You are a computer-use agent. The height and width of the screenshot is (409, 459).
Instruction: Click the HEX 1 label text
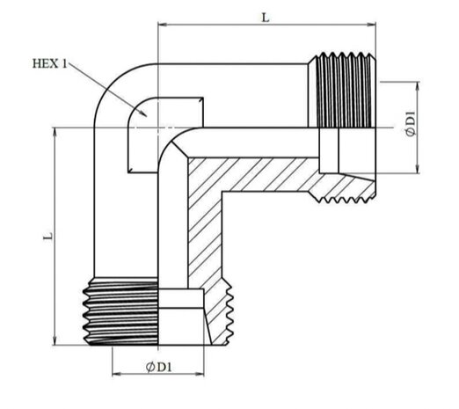(50, 63)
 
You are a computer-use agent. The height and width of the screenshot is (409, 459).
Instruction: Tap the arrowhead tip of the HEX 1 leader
(147, 117)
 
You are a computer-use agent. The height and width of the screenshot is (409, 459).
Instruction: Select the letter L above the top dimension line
(266, 18)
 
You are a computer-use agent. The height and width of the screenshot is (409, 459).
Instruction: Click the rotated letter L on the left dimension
(48, 237)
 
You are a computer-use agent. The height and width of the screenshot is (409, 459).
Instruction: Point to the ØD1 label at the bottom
(158, 367)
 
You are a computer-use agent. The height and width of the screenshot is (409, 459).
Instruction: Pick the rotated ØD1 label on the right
(411, 123)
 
